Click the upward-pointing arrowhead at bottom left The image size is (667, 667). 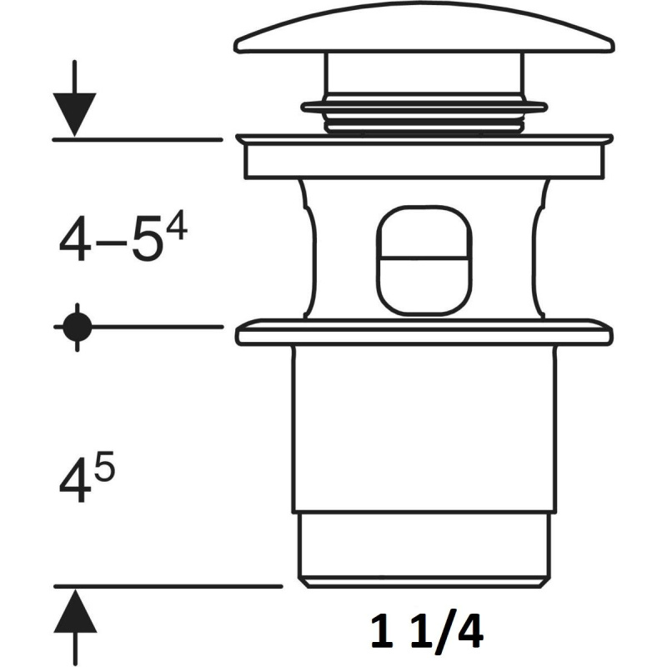click(75, 611)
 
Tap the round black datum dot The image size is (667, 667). click(77, 327)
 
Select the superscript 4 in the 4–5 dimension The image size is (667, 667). click(177, 225)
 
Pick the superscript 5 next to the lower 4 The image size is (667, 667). click(105, 466)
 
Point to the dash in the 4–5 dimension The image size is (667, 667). click(111, 243)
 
